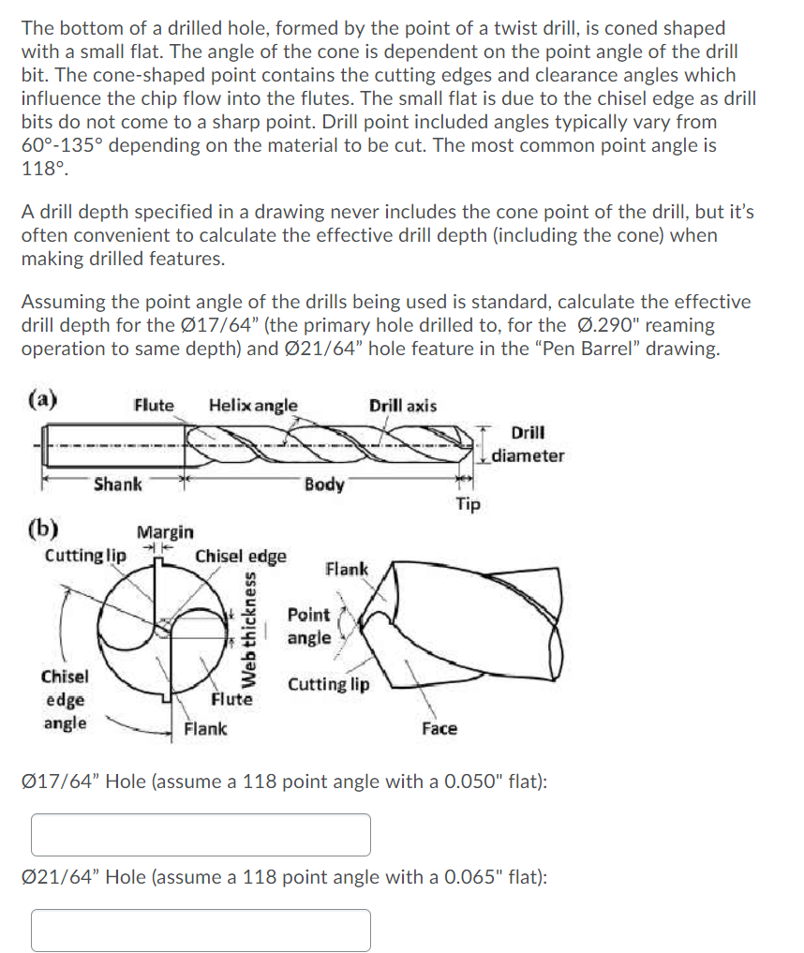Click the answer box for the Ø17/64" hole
coord(201,834)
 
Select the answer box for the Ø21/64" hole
coord(201,930)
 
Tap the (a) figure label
coord(40,400)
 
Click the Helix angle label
coord(253,405)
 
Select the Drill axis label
coord(402,405)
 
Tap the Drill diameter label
coord(529,444)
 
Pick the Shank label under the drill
coord(118,484)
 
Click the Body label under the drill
coord(324,484)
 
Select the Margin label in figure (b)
coord(166,531)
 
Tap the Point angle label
coord(309,626)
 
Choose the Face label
coord(439,728)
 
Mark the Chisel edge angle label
coord(65,699)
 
